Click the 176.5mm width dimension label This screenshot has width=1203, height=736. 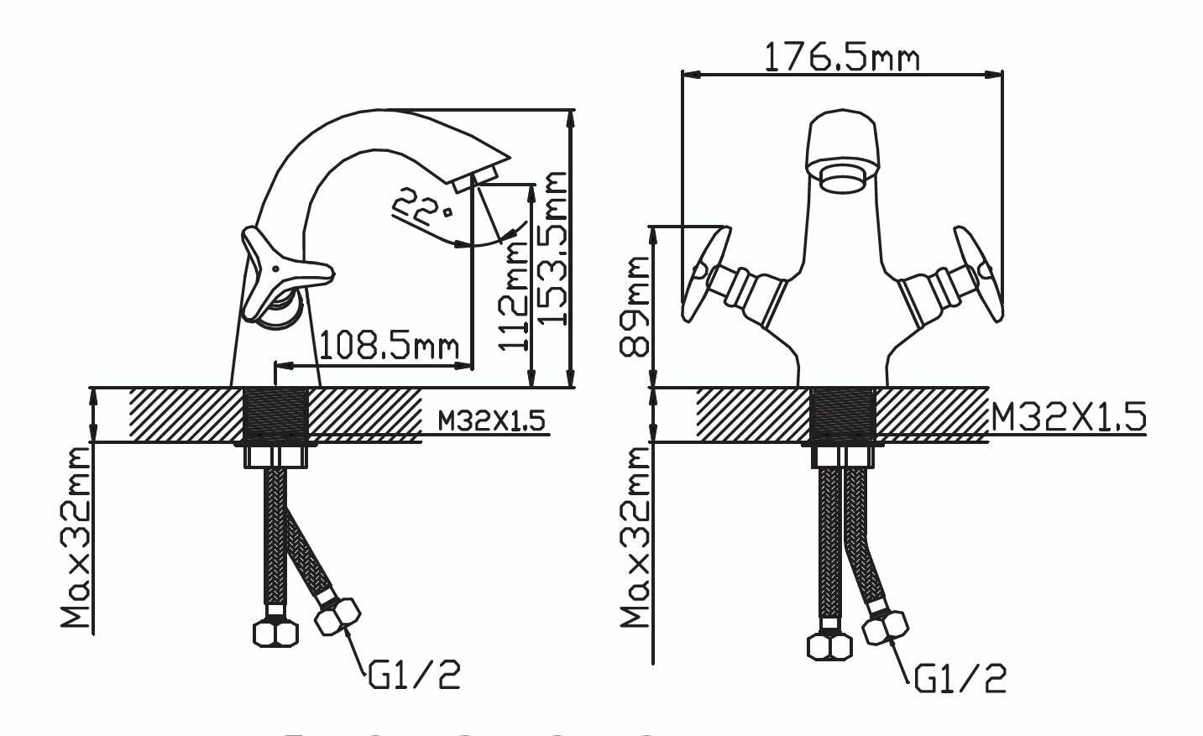click(841, 57)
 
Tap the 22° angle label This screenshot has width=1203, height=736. click(421, 207)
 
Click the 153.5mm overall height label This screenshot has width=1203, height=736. click(552, 248)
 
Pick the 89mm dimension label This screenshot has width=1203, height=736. click(634, 306)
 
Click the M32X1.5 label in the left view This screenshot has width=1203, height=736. click(491, 420)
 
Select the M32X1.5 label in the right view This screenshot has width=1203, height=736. click(1068, 416)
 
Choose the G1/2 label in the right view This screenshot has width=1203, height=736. click(960, 679)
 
